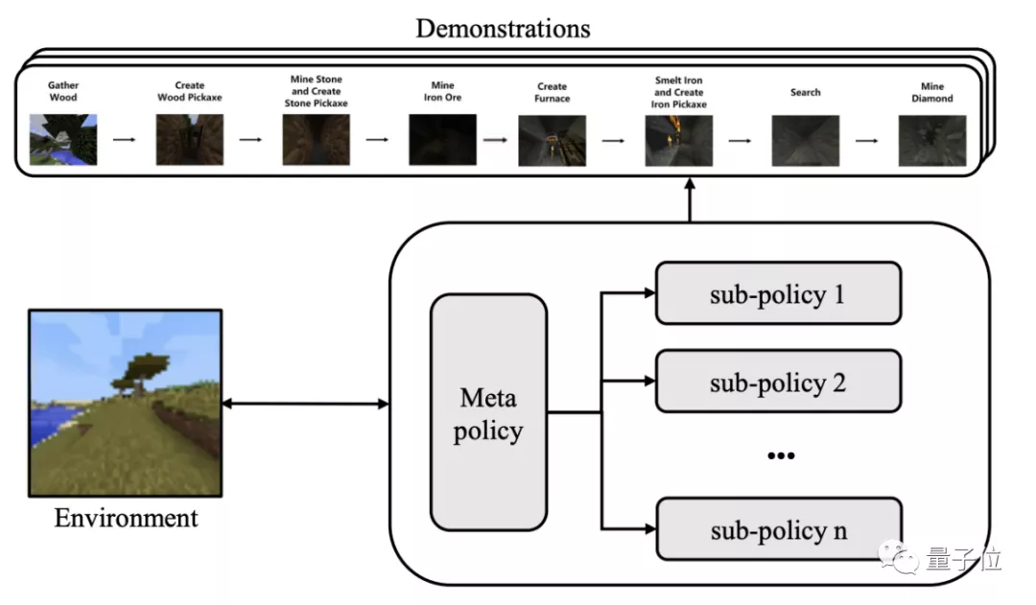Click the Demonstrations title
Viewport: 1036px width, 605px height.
pyautogui.click(x=503, y=27)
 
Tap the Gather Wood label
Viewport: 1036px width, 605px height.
pyautogui.click(x=63, y=91)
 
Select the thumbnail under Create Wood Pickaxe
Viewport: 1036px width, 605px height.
pyautogui.click(x=189, y=140)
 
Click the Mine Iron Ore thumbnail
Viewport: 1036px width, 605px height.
pyautogui.click(x=442, y=140)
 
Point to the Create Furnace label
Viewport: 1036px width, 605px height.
pyautogui.click(x=552, y=92)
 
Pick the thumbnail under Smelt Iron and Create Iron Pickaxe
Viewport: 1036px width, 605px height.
pyautogui.click(x=679, y=140)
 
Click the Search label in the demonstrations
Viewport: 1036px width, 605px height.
pyautogui.click(x=805, y=92)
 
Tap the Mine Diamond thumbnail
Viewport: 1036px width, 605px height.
pyautogui.click(x=931, y=140)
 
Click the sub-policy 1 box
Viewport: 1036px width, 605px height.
pyautogui.click(x=778, y=293)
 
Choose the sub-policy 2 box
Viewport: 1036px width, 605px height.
pyautogui.click(x=778, y=382)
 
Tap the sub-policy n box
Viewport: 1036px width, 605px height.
pyautogui.click(x=778, y=528)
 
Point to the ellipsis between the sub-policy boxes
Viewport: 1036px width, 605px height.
pyautogui.click(x=780, y=455)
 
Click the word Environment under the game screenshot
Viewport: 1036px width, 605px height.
pyautogui.click(x=126, y=519)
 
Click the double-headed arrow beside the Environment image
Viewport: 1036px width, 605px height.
pyautogui.click(x=305, y=404)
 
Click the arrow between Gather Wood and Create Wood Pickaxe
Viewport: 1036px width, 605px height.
pyautogui.click(x=125, y=139)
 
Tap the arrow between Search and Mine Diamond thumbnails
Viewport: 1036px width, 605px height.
pyautogui.click(x=867, y=140)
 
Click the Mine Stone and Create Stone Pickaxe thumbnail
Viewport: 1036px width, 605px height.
pyautogui.click(x=316, y=140)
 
